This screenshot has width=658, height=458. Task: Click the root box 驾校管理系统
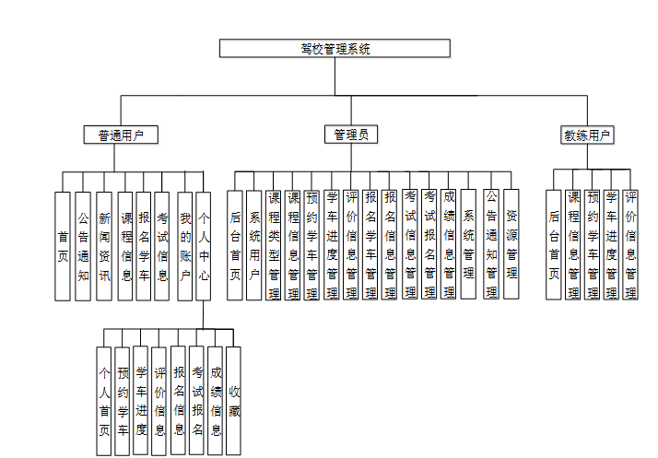coord(335,49)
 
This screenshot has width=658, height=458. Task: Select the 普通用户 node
coord(121,135)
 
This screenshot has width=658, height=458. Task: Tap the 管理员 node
coord(350,135)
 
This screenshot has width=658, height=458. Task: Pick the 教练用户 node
coord(588,135)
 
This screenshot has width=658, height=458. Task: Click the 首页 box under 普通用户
coord(63,245)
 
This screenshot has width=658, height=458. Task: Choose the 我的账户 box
coord(185,245)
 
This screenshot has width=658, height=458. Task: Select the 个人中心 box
coord(204,245)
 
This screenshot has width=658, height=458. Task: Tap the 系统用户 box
coord(254,245)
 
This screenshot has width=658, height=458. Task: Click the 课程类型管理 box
coord(274,245)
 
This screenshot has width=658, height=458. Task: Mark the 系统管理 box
coord(468,245)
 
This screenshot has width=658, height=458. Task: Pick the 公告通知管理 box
coord(491,245)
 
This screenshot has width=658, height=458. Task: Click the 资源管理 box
coord(511,245)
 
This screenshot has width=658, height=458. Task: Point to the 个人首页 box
coord(103,401)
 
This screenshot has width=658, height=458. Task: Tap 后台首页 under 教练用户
coord(553,245)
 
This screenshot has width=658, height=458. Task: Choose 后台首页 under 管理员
coord(235,245)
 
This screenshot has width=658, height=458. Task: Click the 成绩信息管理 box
coord(449,245)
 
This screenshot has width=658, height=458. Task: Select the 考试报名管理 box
coord(429,245)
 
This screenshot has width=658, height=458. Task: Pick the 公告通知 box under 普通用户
coord(83,245)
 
